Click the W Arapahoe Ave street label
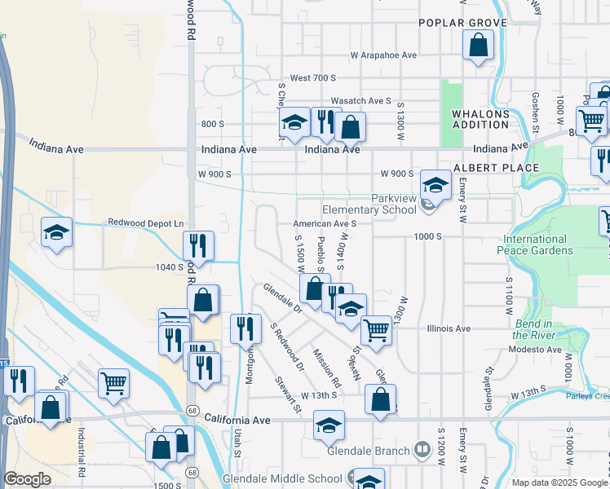383,55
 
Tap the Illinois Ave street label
449,328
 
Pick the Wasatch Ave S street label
361,100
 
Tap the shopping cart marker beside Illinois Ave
375,330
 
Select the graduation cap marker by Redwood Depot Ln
57,232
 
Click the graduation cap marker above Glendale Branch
329,425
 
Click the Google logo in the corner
27,479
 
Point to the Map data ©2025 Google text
559,482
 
